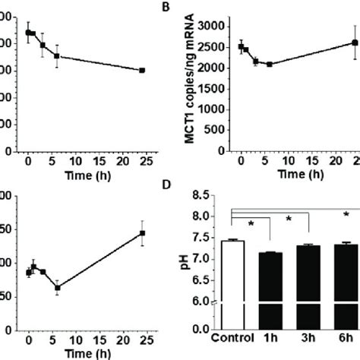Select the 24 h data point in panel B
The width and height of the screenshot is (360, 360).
(x=354, y=43)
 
